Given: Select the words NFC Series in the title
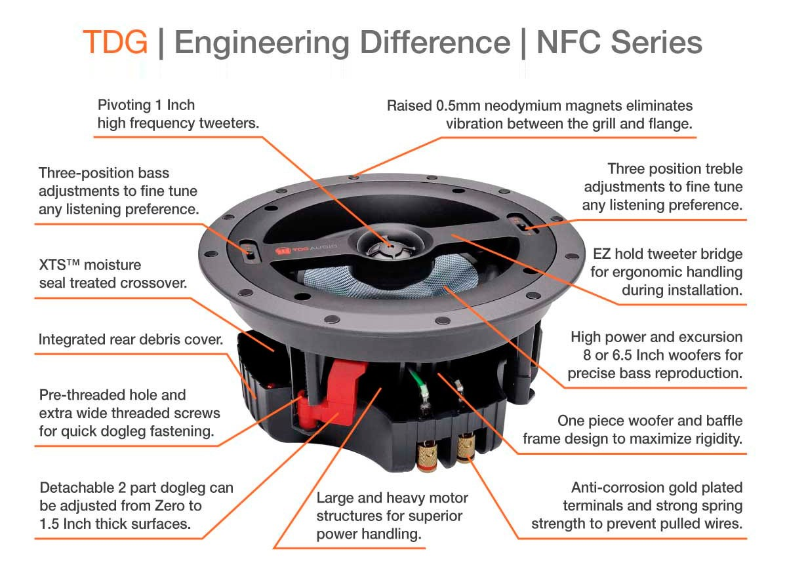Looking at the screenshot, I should point(619,43).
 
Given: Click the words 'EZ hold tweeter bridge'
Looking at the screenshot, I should point(667,254).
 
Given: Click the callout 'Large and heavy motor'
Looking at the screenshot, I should point(392,498).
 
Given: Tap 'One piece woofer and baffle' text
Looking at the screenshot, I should point(650,420).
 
